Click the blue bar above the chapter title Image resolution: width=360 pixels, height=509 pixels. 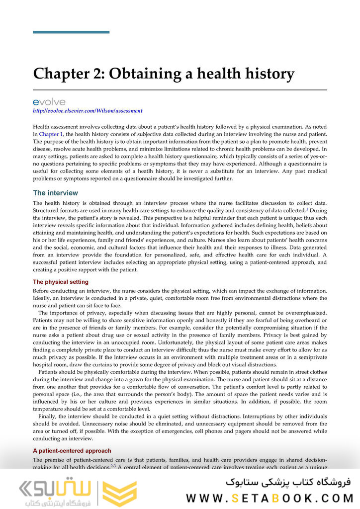(x=71, y=32)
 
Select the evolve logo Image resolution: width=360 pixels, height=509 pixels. (x=49, y=102)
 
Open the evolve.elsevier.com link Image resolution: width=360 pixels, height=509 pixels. (x=88, y=111)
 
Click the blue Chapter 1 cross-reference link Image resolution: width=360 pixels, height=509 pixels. (x=51, y=134)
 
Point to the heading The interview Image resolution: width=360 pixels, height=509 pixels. (x=55, y=193)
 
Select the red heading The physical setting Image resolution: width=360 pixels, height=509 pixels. (x=60, y=282)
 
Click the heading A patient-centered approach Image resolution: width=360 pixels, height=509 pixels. (x=72, y=451)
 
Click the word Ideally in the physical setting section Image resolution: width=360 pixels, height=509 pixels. (x=44, y=298)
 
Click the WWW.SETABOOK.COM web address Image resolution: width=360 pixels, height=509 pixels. (x=270, y=497)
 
